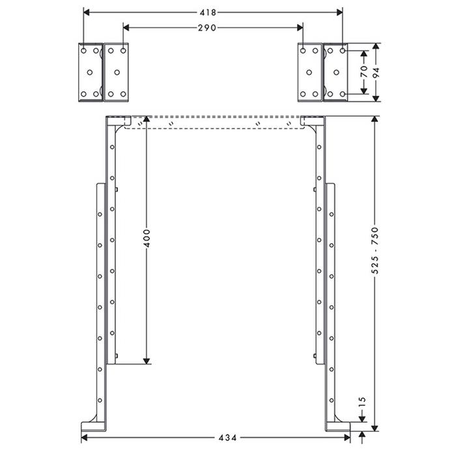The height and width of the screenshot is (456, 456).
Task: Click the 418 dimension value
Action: pos(208,12)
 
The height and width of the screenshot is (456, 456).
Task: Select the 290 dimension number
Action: pos(207,28)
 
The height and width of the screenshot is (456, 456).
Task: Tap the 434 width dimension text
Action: pos(227,438)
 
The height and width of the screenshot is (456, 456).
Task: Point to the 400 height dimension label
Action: pos(147,238)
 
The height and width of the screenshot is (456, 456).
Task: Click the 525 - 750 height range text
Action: pos(375,251)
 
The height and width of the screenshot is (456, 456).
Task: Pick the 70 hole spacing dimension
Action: pos(363,72)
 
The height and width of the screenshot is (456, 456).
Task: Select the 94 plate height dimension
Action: pos(377,73)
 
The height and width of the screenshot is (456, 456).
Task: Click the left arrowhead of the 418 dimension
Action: pos(87,12)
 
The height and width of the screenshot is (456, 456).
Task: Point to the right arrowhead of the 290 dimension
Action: pos(300,27)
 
